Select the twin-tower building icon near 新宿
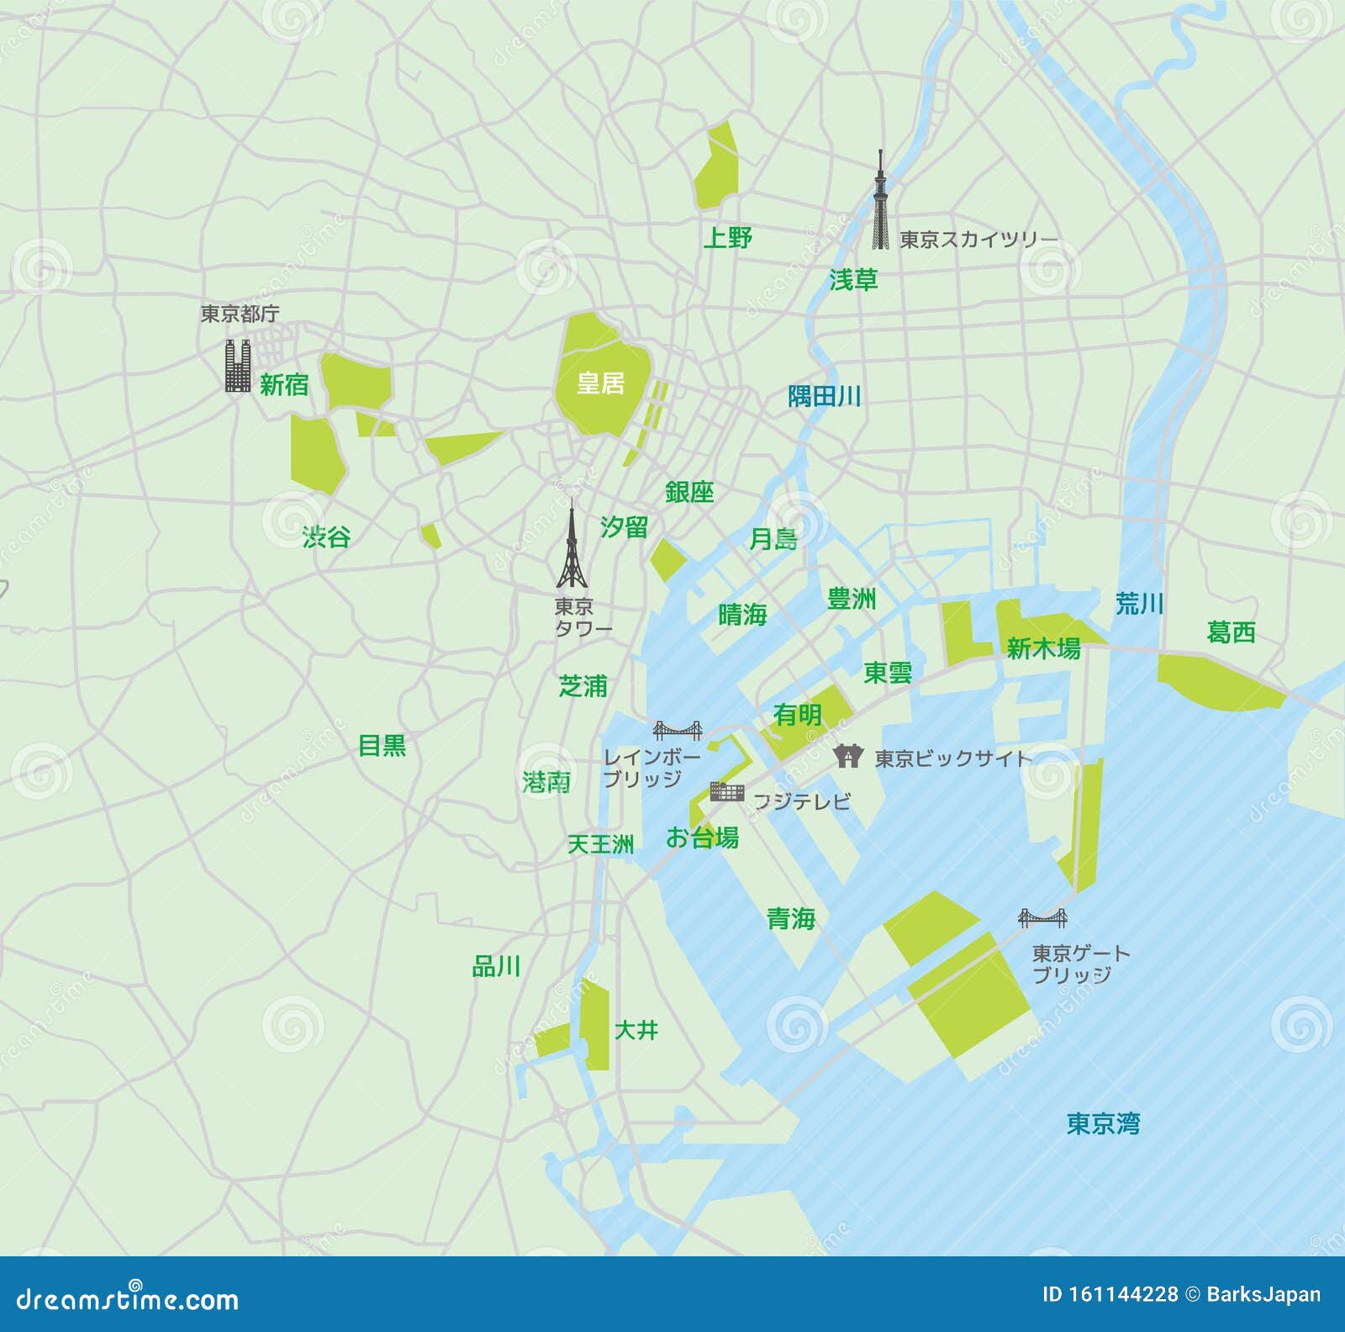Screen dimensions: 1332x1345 coord(238,366)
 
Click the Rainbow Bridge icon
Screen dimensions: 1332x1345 coord(678,729)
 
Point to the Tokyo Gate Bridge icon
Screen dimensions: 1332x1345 coord(1042,917)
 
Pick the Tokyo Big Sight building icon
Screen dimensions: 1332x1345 coord(848,756)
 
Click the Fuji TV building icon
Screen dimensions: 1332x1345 coord(727,791)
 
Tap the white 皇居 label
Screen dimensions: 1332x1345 coord(600,383)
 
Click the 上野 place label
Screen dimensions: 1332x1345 coord(728,238)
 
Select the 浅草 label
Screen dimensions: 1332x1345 coord(853,280)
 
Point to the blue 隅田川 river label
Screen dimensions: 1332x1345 coord(824,396)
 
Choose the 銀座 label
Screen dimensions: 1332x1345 coord(689,492)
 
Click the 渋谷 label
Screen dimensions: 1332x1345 coord(326,536)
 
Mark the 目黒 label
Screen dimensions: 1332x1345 coord(382,745)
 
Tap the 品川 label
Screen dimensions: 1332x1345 coord(496,967)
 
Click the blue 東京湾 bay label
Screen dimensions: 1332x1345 coord(1103,1123)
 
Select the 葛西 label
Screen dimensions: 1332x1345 coord(1231,632)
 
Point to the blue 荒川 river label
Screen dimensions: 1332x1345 coord(1139,603)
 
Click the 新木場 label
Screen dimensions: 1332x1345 coord(1043,648)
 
